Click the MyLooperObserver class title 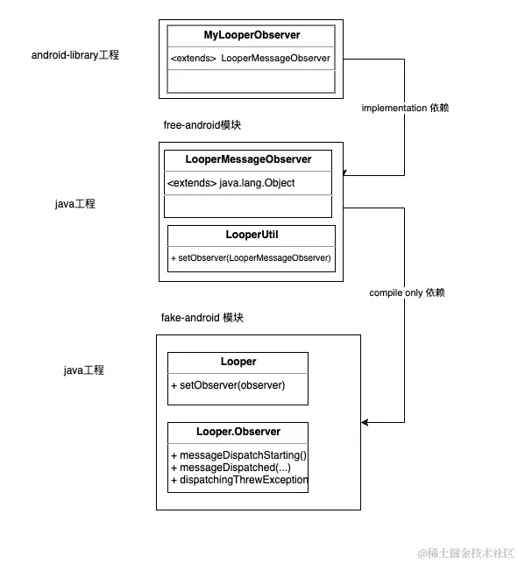(252, 35)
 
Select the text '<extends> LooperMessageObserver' (250, 58)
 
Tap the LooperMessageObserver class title (248, 159)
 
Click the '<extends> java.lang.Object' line (231, 183)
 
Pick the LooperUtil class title (252, 235)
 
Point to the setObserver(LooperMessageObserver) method (251, 257)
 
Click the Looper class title (238, 362)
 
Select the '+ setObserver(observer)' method (228, 385)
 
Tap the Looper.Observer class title (238, 432)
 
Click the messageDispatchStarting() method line (238, 455)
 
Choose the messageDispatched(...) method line (231, 468)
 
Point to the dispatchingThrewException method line (239, 480)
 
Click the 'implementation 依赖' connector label (405, 108)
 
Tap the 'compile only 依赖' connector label (407, 292)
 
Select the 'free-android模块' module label (202, 125)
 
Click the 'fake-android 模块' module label (202, 318)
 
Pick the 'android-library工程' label (75, 55)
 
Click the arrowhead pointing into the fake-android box (365, 422)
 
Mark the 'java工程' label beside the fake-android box (84, 370)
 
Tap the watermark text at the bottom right (465, 553)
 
